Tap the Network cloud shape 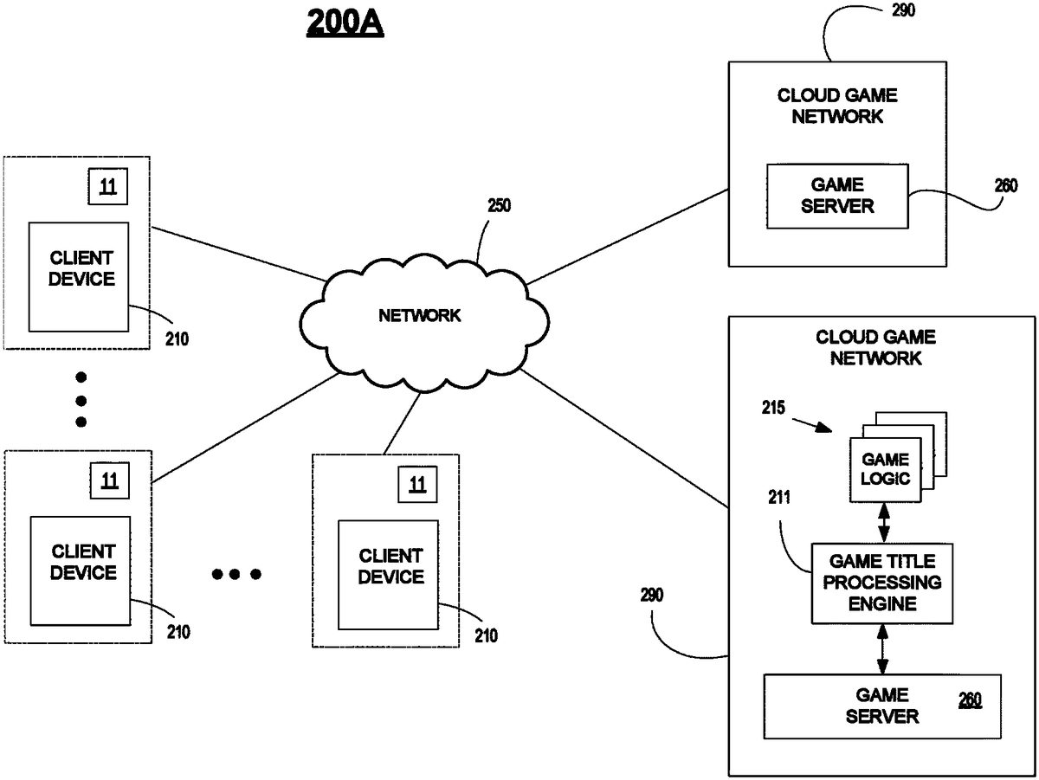[419, 316]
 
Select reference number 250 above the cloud [499, 207]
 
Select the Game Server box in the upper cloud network [836, 197]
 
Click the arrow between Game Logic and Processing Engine [884, 522]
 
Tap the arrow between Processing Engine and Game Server [882, 649]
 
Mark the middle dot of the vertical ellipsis [81, 400]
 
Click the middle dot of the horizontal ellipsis [236, 574]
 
